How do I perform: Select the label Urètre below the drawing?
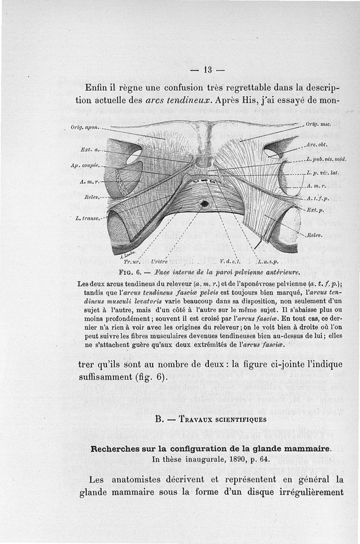tap(160, 261)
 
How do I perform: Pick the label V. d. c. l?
tap(232, 261)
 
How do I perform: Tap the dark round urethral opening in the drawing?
tap(205, 203)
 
